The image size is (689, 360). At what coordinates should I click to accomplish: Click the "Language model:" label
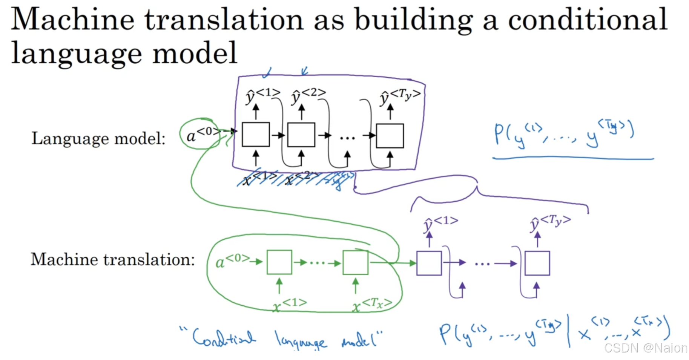tap(98, 138)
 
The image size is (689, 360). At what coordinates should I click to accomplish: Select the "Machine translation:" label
tap(113, 259)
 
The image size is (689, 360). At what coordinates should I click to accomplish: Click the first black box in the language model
tap(256, 135)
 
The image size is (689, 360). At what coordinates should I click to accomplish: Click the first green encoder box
tap(279, 262)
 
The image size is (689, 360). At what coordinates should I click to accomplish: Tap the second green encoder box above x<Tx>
tap(355, 262)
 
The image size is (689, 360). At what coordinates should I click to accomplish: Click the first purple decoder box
tap(429, 263)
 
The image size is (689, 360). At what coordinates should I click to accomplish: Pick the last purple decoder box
tap(537, 263)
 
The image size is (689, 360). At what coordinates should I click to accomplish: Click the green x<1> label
tap(290, 305)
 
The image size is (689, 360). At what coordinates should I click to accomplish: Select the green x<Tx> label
tap(372, 305)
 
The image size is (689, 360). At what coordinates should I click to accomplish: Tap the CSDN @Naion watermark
tap(646, 348)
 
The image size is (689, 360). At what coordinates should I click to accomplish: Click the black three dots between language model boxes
tap(347, 138)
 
